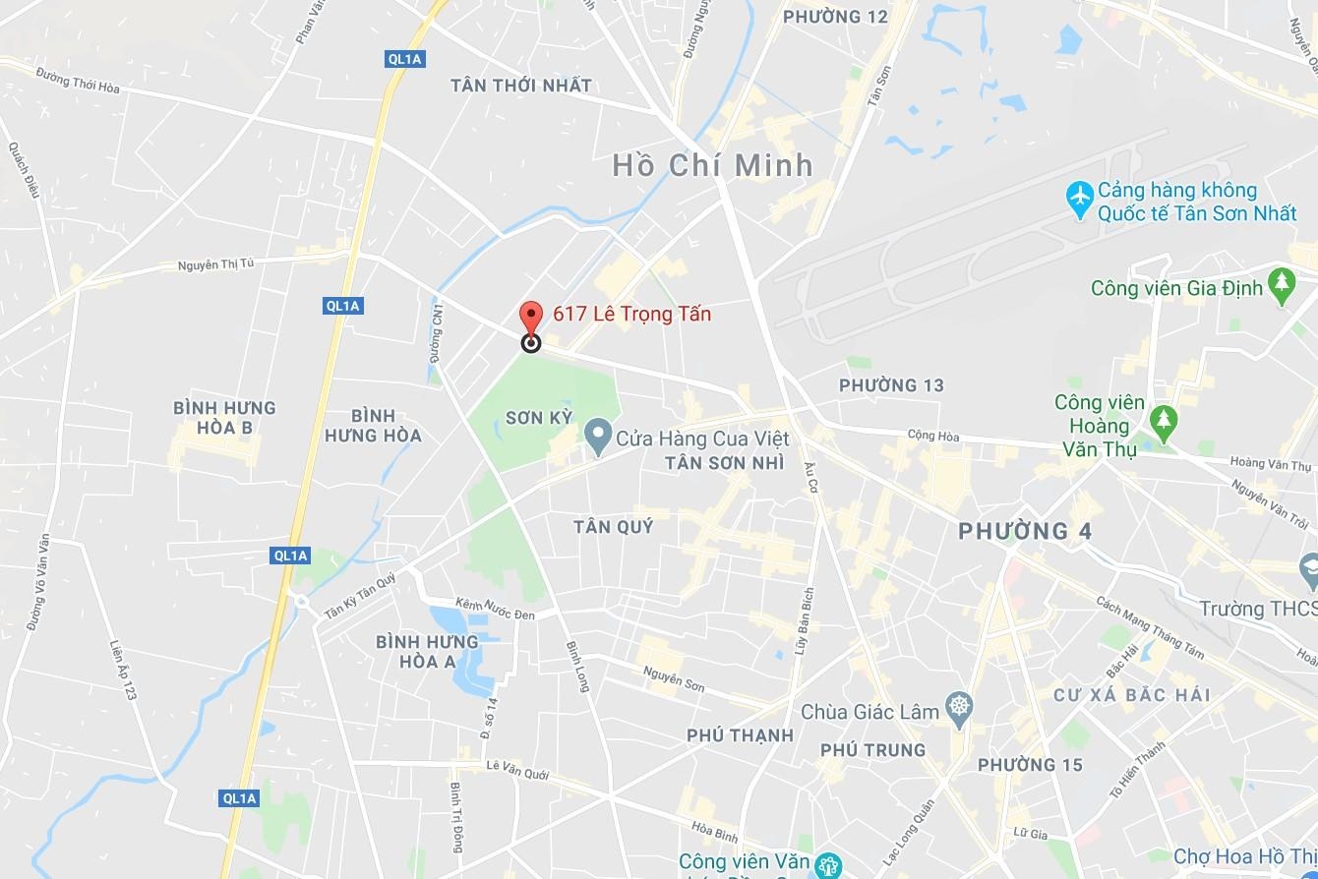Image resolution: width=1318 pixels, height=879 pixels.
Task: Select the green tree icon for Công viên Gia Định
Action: pos(1281,285)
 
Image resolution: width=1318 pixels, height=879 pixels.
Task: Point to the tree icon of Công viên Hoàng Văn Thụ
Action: pos(1164,421)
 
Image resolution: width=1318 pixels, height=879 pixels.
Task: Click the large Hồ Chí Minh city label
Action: pos(713,165)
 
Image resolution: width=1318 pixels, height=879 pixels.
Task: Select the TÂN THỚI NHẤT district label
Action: pos(521,86)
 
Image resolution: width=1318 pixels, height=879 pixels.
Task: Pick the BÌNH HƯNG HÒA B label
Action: pos(224,417)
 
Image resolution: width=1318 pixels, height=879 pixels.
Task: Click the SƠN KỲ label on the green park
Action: pos(538,418)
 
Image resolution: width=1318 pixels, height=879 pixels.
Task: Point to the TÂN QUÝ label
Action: pos(614,527)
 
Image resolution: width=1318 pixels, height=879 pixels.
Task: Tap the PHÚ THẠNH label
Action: pos(740,735)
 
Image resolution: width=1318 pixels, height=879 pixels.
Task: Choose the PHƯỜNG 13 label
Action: pos(891,385)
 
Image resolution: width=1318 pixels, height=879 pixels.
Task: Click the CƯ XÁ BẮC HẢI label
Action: pos(1131,695)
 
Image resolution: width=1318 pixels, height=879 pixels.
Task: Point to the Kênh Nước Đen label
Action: pos(496,609)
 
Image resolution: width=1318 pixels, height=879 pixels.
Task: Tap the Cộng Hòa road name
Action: pos(932,436)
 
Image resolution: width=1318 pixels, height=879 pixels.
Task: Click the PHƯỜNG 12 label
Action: pos(835,17)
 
